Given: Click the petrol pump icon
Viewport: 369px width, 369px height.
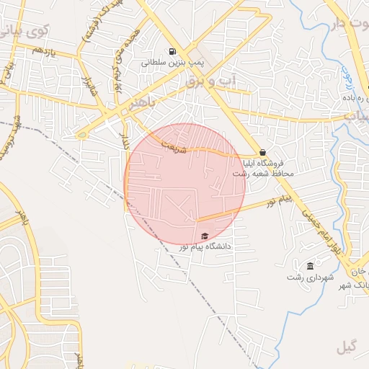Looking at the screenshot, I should click(x=172, y=51).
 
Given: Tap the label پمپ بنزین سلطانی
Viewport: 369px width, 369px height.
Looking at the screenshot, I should click(x=173, y=63).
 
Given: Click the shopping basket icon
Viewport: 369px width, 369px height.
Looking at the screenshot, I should click(x=262, y=152).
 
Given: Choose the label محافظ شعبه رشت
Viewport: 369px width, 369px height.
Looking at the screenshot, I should click(x=263, y=174).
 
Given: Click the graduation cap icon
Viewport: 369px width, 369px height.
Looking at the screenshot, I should click(x=204, y=236).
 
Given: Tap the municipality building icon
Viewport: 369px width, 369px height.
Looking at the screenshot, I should click(x=310, y=266).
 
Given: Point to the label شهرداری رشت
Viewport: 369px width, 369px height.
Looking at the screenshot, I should click(x=308, y=277).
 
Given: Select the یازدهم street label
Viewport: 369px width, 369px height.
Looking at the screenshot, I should click(x=43, y=51).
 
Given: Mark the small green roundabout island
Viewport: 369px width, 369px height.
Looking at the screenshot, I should click(x=82, y=133).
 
